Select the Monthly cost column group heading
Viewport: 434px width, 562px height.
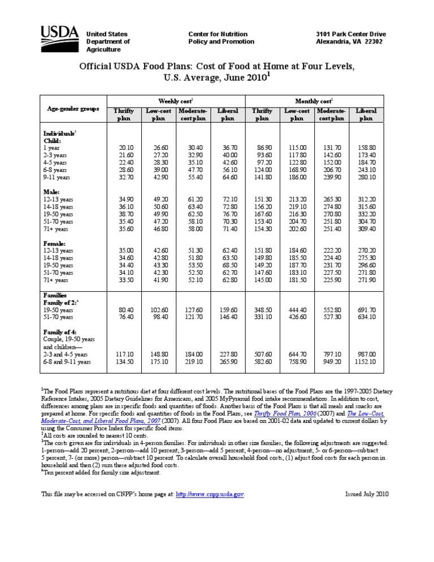coord(314,100)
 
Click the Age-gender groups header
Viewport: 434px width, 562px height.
coord(73,108)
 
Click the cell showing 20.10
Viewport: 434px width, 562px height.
coord(126,147)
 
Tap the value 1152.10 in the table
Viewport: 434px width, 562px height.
coord(366,362)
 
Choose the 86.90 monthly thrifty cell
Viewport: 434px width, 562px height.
coord(263,147)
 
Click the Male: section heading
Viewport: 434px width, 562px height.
coord(52,192)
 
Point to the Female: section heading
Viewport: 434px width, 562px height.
coord(55,243)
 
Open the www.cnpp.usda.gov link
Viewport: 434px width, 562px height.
coord(210,494)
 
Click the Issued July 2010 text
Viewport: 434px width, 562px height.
coord(367,494)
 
